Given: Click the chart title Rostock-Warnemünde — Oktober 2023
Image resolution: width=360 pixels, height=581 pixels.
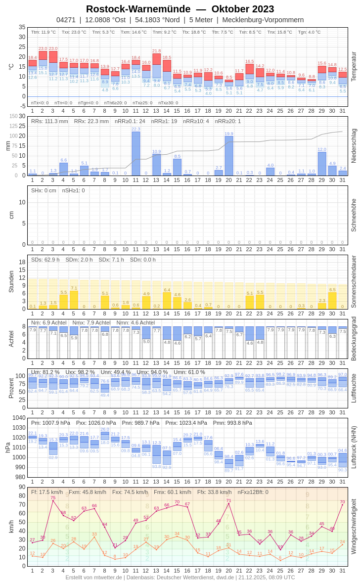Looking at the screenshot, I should (x=180, y=9).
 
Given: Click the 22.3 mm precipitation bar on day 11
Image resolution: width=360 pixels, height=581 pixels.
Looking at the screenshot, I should (x=136, y=153).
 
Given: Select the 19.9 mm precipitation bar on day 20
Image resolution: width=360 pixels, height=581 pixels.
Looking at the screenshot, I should (x=229, y=156).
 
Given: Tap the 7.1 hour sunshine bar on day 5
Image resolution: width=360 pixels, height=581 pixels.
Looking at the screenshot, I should (x=74, y=300).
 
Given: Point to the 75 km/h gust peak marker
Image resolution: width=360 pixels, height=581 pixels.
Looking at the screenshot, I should (x=53, y=500).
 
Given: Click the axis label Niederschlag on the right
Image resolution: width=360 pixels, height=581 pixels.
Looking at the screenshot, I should (x=354, y=146).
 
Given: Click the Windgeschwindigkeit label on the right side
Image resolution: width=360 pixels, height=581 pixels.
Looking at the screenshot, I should (x=354, y=526).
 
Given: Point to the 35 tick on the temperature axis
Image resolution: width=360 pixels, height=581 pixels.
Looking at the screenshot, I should (x=22, y=27).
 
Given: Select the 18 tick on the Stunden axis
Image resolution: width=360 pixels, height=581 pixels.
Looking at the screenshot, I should (x=22, y=262).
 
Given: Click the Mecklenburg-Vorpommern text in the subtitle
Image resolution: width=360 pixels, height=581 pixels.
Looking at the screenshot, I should (x=263, y=20).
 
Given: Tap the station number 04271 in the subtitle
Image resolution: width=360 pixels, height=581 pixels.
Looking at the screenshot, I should (x=66, y=20).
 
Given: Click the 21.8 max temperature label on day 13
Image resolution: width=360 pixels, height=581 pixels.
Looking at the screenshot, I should (x=156, y=51).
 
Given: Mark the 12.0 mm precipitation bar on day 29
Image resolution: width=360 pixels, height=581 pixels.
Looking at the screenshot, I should (x=322, y=164).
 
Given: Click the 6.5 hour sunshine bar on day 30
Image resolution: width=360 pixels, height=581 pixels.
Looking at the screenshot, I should (x=332, y=301).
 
